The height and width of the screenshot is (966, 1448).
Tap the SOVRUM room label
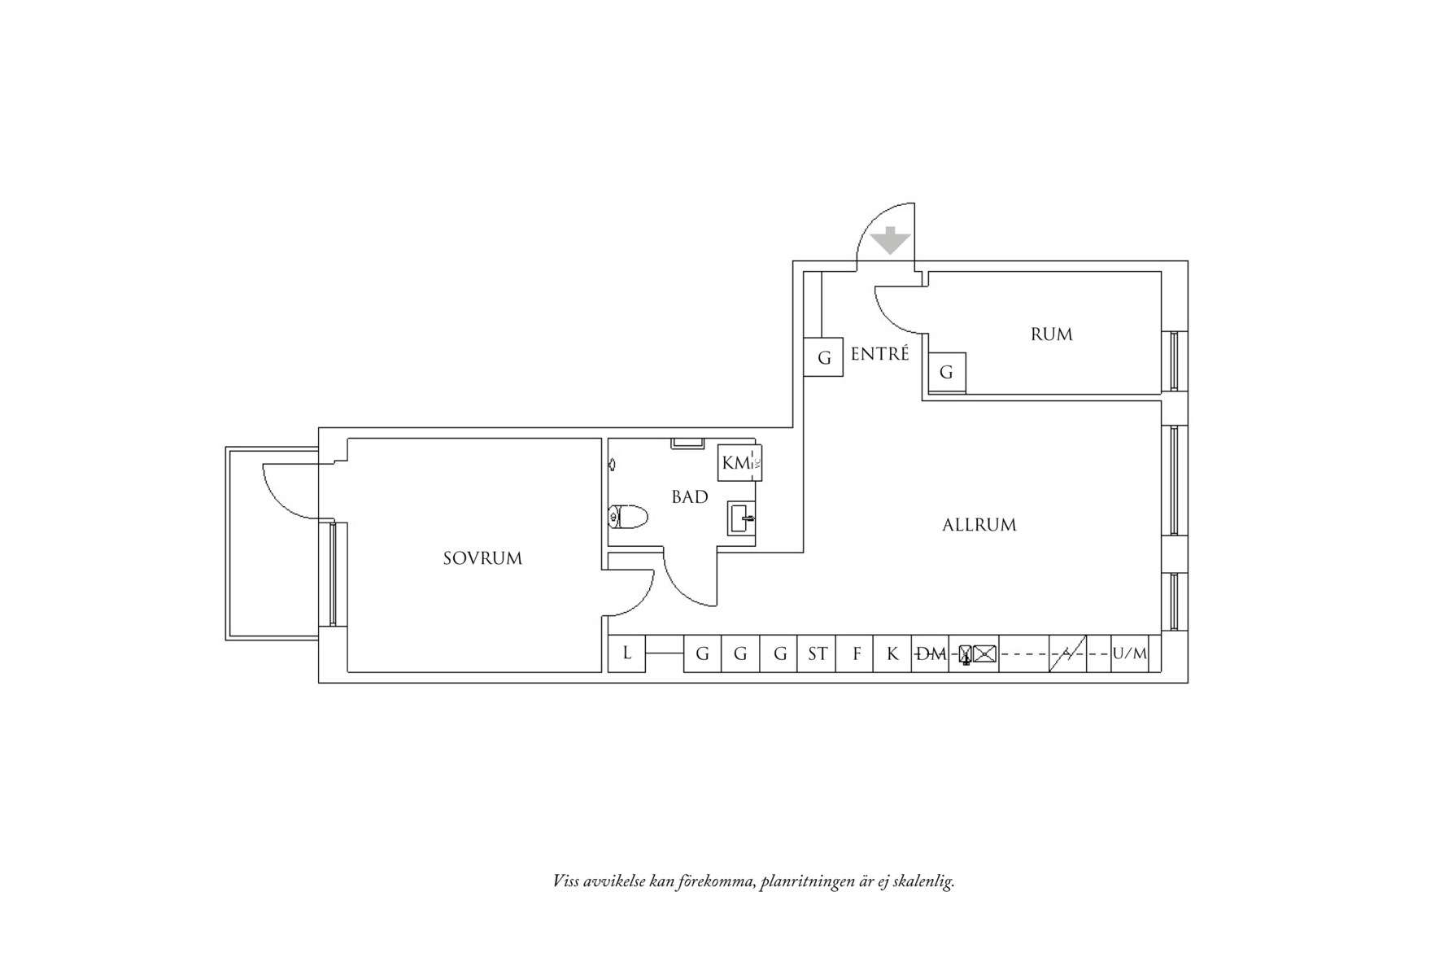[x=482, y=558]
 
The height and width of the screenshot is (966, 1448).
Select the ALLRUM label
[x=979, y=525]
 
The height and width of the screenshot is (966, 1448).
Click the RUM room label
[x=1051, y=334]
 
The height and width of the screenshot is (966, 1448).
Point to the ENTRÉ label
[x=879, y=354]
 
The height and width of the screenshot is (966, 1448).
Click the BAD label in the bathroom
[x=689, y=496]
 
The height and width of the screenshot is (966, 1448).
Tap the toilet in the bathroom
[x=628, y=516]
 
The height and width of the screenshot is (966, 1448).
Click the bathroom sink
[x=741, y=518]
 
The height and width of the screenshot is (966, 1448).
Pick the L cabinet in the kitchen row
[x=626, y=653]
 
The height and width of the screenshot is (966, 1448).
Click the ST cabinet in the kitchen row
[x=817, y=653]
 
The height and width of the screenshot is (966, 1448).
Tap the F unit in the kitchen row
[x=856, y=653]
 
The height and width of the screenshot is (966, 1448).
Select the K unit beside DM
[x=892, y=653]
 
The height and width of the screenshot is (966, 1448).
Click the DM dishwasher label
[x=931, y=653]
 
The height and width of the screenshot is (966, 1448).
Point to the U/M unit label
[x=1129, y=653]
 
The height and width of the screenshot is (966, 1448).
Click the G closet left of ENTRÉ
[x=823, y=358]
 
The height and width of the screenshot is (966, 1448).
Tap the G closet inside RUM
[x=946, y=372]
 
